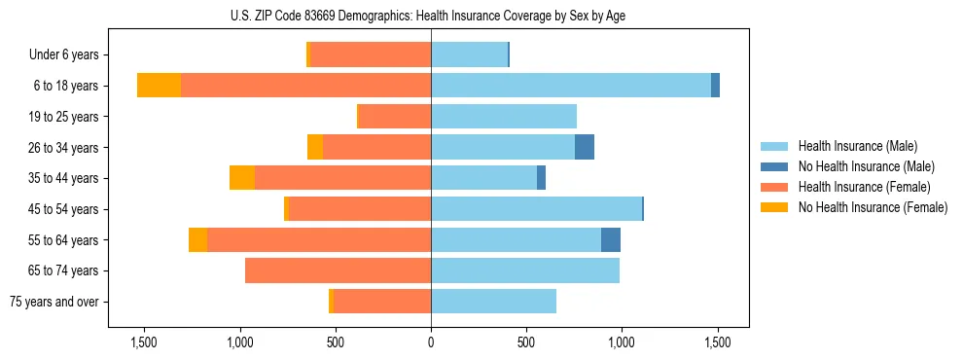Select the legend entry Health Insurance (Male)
pos(857,147)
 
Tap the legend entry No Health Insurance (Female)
pos(873,207)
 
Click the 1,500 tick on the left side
pos(143,343)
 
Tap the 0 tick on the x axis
pos(431,343)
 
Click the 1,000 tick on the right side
pos(622,343)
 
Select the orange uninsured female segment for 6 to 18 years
pos(159,86)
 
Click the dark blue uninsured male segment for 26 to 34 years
pos(585,147)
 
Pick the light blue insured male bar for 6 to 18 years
pos(571,86)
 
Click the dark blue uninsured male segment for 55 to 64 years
pos(611,239)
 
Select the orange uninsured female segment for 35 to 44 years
pos(242,178)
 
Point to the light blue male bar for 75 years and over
pos(493,302)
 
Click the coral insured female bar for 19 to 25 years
pos(395,117)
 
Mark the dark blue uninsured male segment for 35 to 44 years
pos(541,178)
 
